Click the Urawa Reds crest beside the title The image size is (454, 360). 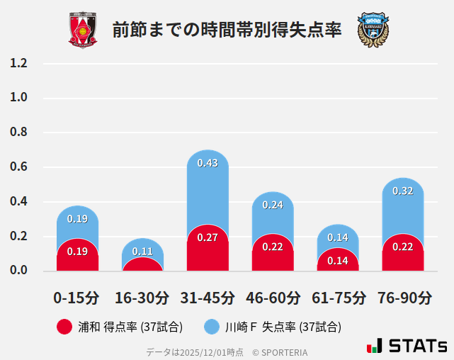click(83, 30)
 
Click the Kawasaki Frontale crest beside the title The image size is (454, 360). click(373, 30)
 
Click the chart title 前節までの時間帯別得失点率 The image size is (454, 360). click(227, 30)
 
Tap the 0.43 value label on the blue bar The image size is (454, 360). click(208, 163)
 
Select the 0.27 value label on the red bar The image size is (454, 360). click(208, 237)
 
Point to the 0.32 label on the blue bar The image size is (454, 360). click(402, 191)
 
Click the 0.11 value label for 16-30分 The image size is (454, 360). click(142, 251)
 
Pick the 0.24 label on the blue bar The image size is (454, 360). click(273, 205)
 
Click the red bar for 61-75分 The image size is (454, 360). click(338, 261)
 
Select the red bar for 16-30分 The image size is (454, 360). click(142, 264)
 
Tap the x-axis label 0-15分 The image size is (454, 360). click(77, 297)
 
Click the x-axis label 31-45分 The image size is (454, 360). click(208, 297)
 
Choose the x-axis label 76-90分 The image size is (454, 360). click(403, 297)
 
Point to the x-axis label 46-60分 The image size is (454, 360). click(273, 297)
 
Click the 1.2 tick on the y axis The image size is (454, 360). click(19, 63)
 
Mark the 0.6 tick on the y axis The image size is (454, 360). click(19, 167)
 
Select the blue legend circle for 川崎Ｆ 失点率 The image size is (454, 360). click(212, 327)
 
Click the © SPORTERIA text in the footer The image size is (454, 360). click(280, 351)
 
